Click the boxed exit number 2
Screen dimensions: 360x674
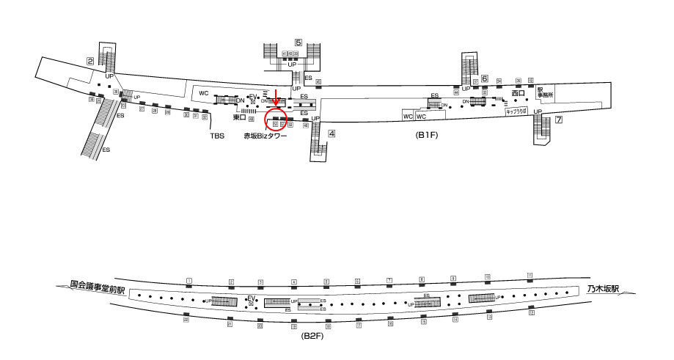[x=89, y=62]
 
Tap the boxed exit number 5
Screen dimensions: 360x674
[x=298, y=43]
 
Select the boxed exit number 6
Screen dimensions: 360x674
[x=485, y=78]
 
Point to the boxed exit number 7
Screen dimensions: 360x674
[x=558, y=120]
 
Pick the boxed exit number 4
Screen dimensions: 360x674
[x=332, y=133]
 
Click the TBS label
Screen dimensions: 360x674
[x=217, y=136]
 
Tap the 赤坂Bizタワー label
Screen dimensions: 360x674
[x=265, y=136]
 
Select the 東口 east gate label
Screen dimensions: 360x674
[x=238, y=117]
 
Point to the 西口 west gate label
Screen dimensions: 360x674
[x=519, y=93]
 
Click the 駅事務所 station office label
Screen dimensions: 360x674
[x=543, y=92]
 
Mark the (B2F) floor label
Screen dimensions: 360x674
[x=312, y=335]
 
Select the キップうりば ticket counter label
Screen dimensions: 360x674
[x=516, y=112]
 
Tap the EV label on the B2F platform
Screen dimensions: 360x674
[x=251, y=298]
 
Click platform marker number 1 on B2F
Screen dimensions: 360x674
[x=188, y=281]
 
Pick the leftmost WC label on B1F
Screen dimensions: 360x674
[x=203, y=94]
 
